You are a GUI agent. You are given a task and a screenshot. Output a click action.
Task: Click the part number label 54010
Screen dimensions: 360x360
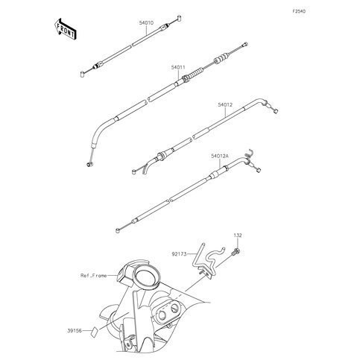click(146, 23)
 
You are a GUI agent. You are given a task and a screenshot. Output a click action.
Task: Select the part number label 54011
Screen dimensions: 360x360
click(178, 67)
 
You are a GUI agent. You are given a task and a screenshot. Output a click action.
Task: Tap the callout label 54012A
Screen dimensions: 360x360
click(220, 157)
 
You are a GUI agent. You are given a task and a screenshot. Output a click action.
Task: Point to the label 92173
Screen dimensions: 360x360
click(179, 254)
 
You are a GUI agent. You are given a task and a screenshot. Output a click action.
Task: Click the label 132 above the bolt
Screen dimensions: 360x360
click(238, 236)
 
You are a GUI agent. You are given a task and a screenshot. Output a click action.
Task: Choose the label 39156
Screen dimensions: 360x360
click(75, 331)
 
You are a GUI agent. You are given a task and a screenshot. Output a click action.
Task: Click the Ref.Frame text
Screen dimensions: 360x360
click(94, 276)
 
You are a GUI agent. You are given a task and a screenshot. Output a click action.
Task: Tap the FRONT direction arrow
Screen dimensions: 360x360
click(65, 29)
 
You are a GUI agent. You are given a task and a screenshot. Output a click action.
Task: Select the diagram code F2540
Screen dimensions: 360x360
click(299, 11)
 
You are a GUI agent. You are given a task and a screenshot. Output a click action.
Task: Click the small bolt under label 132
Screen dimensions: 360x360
click(236, 252)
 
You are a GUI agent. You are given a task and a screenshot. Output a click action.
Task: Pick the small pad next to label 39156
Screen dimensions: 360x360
click(94, 332)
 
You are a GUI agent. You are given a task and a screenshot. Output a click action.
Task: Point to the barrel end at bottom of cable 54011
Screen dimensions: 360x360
click(89, 164)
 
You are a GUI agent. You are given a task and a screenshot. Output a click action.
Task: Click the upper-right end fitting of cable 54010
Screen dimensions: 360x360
click(179, 18)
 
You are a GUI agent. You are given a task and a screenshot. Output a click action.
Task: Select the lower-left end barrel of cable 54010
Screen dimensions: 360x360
click(83, 74)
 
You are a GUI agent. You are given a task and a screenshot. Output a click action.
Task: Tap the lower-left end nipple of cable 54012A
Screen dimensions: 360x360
click(118, 230)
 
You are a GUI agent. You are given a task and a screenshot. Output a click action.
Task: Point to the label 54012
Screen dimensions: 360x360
click(225, 105)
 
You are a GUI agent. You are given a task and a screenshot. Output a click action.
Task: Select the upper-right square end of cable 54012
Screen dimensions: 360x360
click(275, 112)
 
